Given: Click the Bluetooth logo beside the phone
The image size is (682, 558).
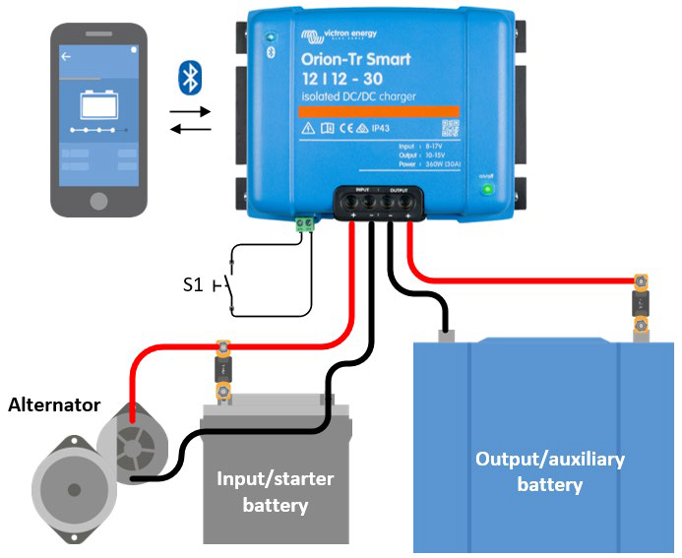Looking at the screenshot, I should [190, 77].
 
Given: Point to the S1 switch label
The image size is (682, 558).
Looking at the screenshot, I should [193, 285].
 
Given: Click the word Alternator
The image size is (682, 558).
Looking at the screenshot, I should [53, 404].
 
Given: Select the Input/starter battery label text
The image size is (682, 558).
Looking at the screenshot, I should [275, 492].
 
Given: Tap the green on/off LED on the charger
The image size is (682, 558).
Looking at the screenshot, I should [485, 188].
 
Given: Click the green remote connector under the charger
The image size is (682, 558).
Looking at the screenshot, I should [305, 224].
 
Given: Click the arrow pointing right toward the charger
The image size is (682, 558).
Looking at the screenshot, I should [190, 112].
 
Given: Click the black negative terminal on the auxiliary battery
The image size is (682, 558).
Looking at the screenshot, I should [446, 334].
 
